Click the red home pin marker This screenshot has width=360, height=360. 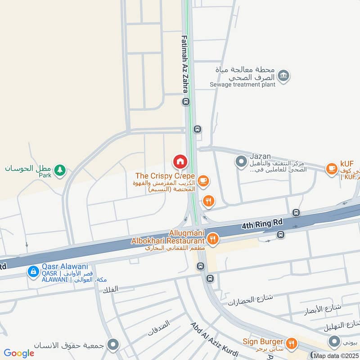pos(180,161)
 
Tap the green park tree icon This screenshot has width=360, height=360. pos(59,170)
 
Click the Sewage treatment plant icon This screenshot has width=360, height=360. pos(283,76)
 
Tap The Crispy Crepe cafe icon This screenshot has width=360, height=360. pos(203,181)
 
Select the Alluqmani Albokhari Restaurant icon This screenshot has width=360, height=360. pos(213,239)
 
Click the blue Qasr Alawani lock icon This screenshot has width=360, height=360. pos(33,271)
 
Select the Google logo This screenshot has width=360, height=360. pos(19,353)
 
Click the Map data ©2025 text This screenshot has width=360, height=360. pos(337,355)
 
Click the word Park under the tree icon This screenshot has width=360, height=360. pos(45,175)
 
